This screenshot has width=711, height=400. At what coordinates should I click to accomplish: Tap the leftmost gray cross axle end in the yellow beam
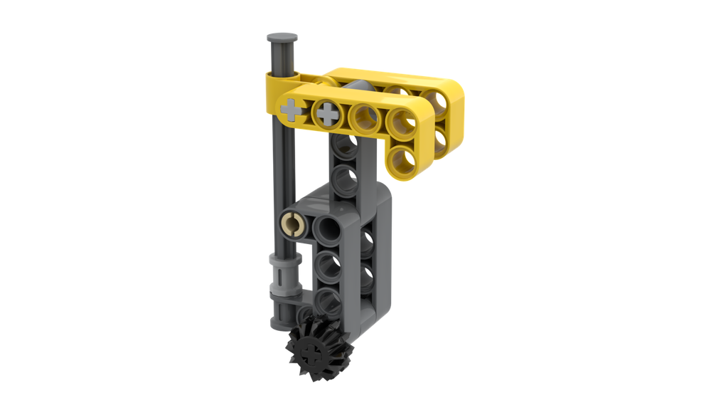(292, 110)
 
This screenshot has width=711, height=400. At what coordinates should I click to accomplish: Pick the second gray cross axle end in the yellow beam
(328, 112)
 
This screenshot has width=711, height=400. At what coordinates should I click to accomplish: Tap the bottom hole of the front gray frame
(328, 301)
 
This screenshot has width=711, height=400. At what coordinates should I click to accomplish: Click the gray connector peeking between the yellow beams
(360, 87)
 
